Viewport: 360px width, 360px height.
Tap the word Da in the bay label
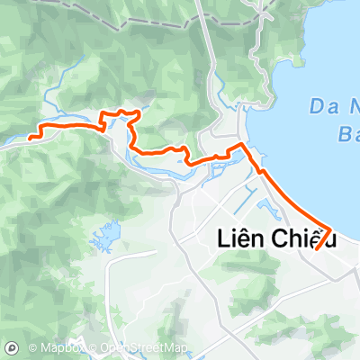[x=323, y=107]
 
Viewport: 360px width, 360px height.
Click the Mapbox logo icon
[x=12, y=347]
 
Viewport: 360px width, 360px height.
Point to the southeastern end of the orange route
[x=316, y=249]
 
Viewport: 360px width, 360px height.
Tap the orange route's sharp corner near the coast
[x=240, y=144]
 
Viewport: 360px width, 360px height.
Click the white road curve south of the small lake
[x=112, y=270]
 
